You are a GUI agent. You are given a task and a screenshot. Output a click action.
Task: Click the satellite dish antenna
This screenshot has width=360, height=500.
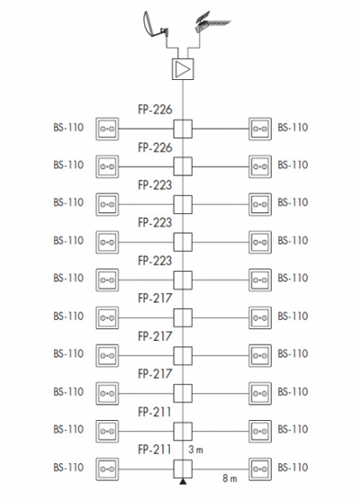(x=155, y=25)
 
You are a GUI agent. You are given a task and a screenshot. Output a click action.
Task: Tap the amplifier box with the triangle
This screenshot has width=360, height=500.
(x=183, y=69)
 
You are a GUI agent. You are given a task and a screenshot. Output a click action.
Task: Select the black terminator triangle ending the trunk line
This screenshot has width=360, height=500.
(x=183, y=481)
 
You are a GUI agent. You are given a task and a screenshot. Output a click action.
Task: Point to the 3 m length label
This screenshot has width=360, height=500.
(x=195, y=450)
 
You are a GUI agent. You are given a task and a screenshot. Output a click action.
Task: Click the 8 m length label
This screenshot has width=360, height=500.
(x=229, y=478)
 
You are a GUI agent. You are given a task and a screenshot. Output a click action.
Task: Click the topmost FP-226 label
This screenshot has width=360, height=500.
(x=155, y=110)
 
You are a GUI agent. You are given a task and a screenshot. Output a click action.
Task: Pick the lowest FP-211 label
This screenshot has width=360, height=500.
(x=155, y=450)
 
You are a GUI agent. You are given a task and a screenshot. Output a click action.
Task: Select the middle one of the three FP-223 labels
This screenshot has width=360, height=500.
(x=155, y=223)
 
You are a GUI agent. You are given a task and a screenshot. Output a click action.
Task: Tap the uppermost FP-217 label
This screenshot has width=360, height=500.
(x=155, y=299)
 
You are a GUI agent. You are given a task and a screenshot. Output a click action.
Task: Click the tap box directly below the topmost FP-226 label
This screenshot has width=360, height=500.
(x=183, y=129)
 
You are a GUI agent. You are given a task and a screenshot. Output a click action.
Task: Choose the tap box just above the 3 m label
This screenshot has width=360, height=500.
(x=183, y=432)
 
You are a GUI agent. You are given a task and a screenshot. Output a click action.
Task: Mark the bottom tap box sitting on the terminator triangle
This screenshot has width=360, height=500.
(x=183, y=469)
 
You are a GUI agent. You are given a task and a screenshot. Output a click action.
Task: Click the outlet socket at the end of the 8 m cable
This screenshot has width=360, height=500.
(x=260, y=469)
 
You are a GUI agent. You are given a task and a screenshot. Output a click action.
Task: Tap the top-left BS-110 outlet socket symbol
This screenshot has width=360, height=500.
(x=107, y=129)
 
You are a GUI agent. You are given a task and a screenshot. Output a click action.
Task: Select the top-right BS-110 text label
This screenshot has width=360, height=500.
(x=292, y=127)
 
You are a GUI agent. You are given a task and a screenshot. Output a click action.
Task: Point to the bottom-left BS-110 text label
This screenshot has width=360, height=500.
(x=68, y=467)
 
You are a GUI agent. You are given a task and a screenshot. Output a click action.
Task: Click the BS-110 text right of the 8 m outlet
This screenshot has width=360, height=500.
(x=292, y=467)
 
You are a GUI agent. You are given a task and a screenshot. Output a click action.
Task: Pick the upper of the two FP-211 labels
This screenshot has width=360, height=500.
(x=155, y=412)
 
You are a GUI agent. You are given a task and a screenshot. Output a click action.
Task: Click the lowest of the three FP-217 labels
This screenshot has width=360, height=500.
(x=155, y=374)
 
